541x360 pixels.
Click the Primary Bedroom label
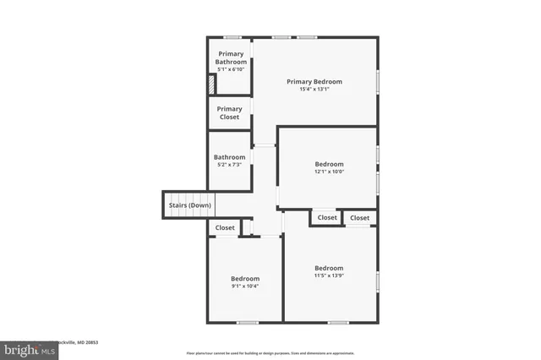click(x=314, y=81)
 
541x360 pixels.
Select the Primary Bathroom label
click(x=230, y=57)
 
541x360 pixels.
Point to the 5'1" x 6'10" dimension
click(x=230, y=68)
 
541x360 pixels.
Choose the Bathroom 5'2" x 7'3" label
click(x=229, y=156)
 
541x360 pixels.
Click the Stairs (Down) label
click(x=188, y=205)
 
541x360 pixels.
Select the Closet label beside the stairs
click(x=225, y=227)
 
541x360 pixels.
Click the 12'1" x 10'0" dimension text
click(x=329, y=172)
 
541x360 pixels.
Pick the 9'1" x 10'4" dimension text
click(x=245, y=286)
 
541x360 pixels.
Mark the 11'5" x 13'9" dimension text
click(x=329, y=275)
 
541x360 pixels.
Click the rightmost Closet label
click(x=360, y=218)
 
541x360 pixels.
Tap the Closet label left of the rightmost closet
click(x=327, y=218)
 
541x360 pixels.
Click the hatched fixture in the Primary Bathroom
click(x=213, y=85)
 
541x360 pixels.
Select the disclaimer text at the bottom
click(x=270, y=352)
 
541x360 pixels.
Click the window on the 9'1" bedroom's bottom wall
click(x=247, y=322)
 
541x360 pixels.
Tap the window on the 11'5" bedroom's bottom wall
click(x=338, y=322)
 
